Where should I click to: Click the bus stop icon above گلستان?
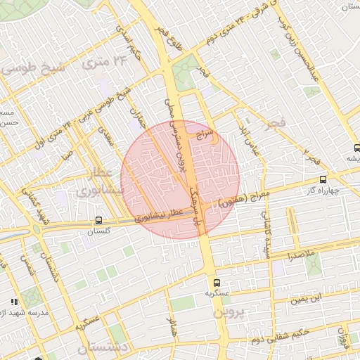pos(98,220)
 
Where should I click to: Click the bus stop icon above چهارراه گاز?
pos(323,179)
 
